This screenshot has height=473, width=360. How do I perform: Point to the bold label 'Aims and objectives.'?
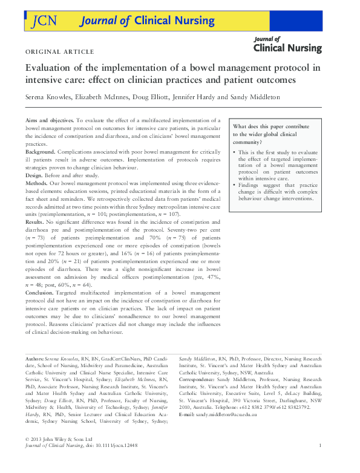(50, 122)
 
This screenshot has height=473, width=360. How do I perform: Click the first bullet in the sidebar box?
(235, 152)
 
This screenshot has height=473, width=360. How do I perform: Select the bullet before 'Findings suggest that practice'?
(235, 184)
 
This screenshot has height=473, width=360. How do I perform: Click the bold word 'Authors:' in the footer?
(37, 359)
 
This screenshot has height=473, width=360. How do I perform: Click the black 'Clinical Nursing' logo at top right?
(287, 45)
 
